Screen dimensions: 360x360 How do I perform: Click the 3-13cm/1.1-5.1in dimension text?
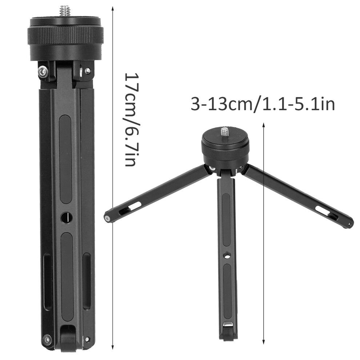point(263,104)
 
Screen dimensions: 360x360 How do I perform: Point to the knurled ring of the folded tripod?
point(66,34)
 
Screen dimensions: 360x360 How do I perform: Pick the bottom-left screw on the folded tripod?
point(47,339)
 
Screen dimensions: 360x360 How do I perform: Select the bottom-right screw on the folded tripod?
point(87,339)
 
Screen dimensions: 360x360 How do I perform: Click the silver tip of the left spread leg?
point(107,219)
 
